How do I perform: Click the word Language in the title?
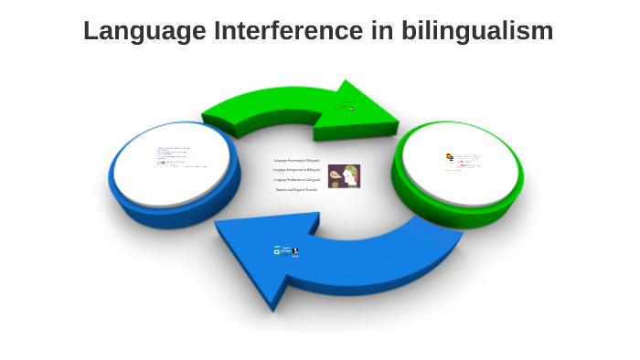coord(144,31)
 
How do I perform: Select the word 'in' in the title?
coord(386,31)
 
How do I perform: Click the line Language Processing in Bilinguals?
coord(297,160)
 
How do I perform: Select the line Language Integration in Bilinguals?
coord(297,170)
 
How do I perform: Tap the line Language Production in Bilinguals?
coord(297,180)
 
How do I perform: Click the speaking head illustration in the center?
coord(344,175)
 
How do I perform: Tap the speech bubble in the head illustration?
coord(350,171)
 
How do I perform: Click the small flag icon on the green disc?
coord(449,157)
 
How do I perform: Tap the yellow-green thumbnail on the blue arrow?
coord(277,251)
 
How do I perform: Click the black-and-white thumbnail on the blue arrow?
coord(295,250)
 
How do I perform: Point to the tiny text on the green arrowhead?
coord(347,107)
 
